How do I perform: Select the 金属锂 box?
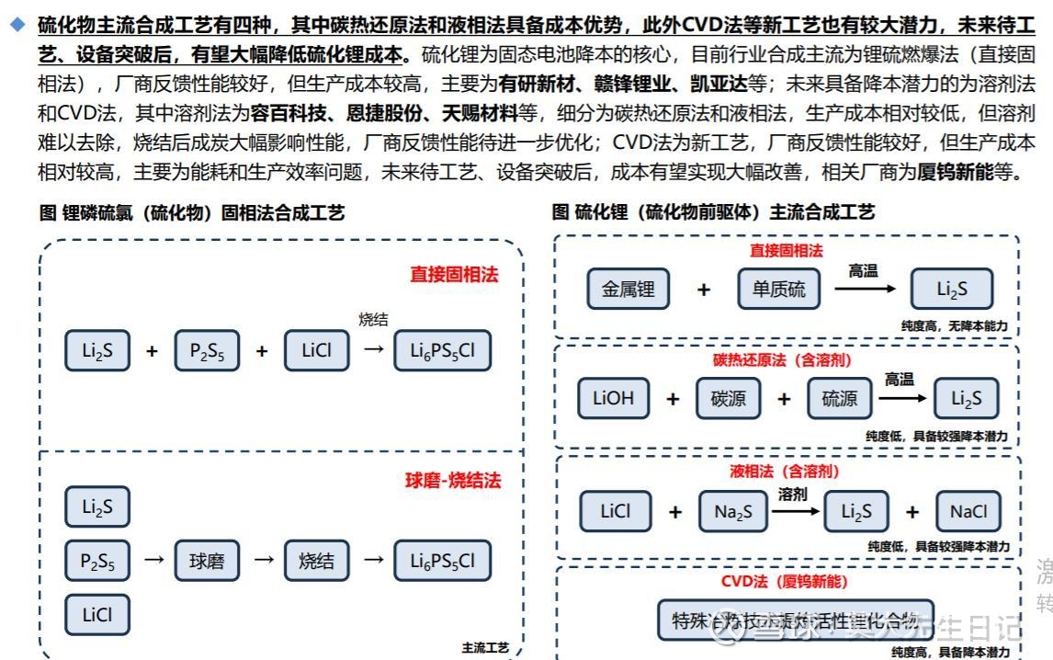pyautogui.click(x=628, y=290)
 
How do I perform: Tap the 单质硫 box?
pyautogui.click(x=778, y=290)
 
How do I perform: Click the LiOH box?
pyautogui.click(x=613, y=398)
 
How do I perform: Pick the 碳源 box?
pyautogui.click(x=728, y=398)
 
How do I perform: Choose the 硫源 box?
pyautogui.click(x=839, y=398)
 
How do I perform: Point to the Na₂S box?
pyautogui.click(x=732, y=512)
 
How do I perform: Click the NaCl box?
pyautogui.click(x=968, y=512)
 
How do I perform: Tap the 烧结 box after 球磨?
pyautogui.click(x=317, y=560)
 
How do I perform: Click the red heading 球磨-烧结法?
pyautogui.click(x=454, y=481)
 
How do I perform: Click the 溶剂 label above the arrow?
pyautogui.click(x=792, y=494)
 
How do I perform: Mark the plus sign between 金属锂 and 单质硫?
pyautogui.click(x=704, y=290)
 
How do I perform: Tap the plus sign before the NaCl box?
pyautogui.click(x=911, y=512)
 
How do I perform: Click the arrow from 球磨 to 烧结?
pyautogui.click(x=264, y=559)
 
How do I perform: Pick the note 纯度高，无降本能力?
pyautogui.click(x=954, y=325)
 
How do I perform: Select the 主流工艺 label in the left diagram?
pyautogui.click(x=485, y=648)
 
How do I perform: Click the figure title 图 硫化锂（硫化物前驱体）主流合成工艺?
pyautogui.click(x=713, y=212)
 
